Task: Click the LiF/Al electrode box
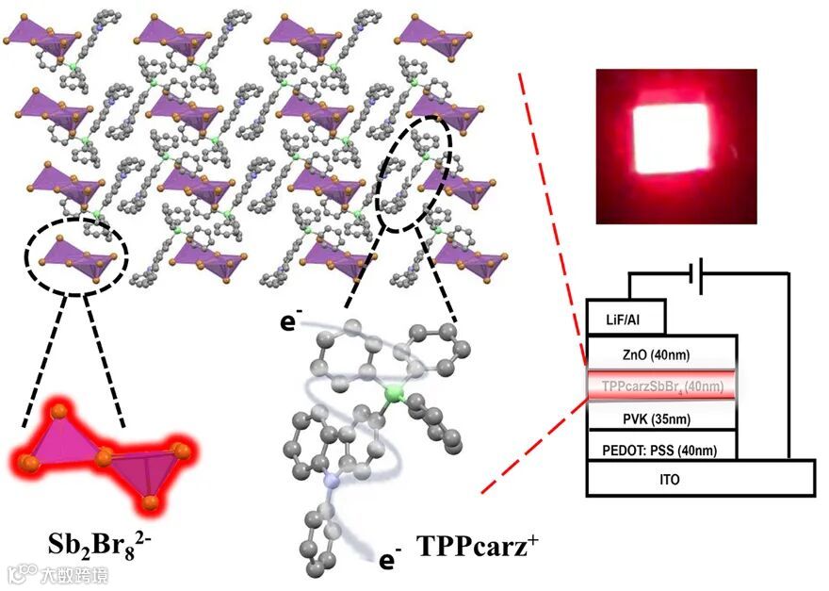tap(626, 318)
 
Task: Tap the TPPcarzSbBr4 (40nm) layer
tap(659, 386)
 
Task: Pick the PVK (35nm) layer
tap(659, 418)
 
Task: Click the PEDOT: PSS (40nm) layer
tap(659, 450)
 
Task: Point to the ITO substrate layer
tap(700, 480)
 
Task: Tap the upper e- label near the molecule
tap(287, 323)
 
